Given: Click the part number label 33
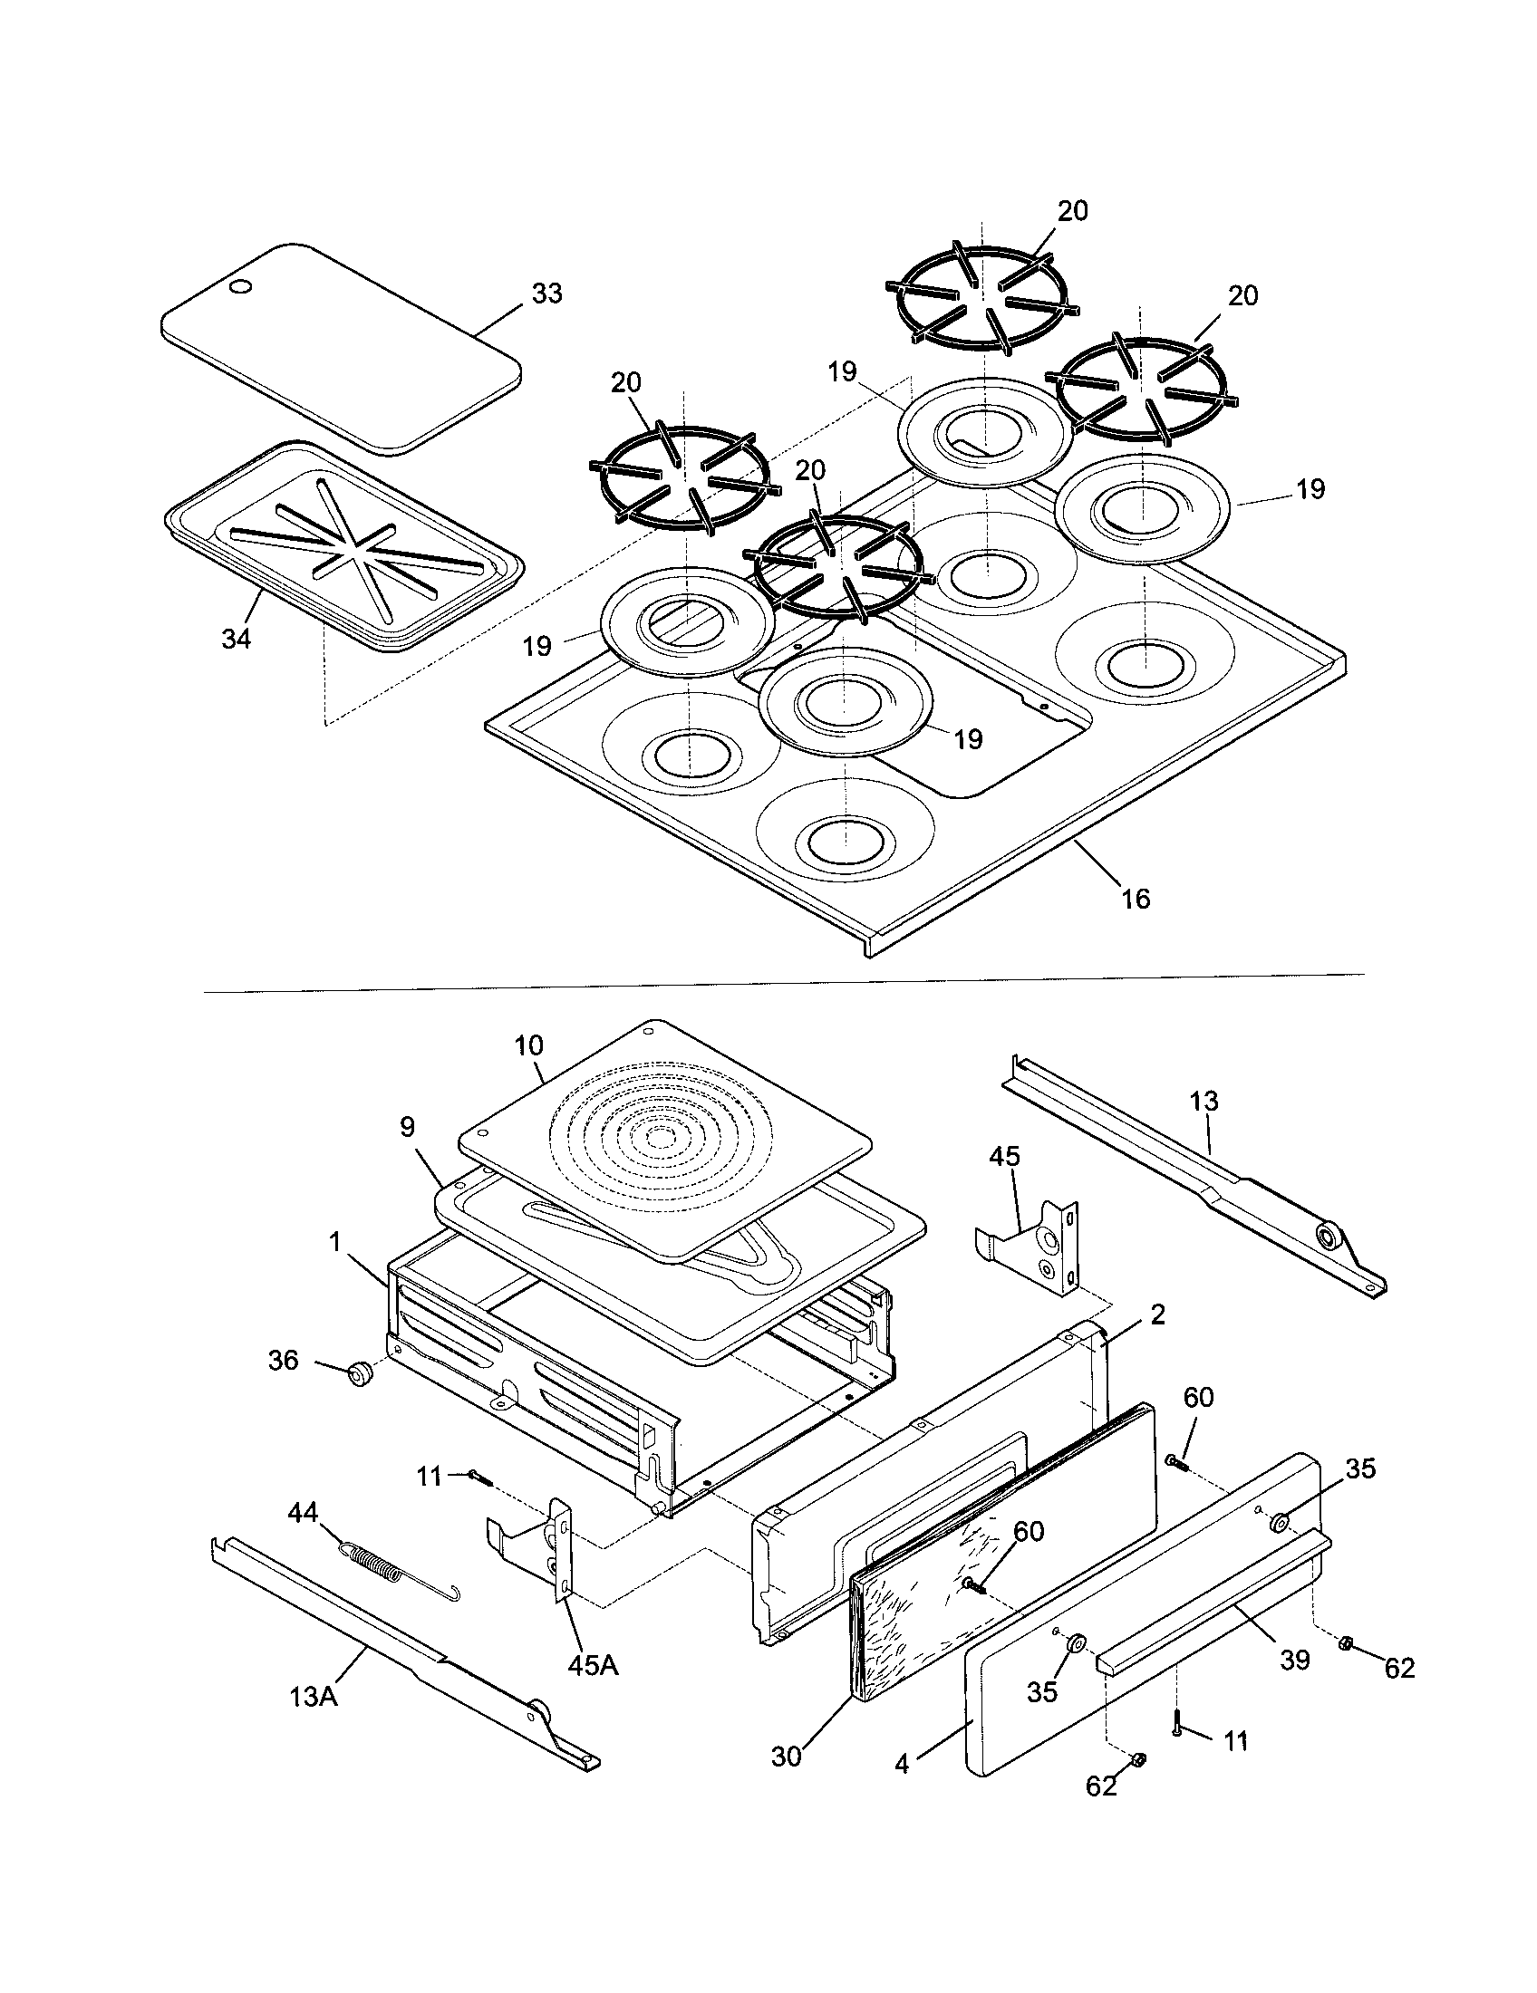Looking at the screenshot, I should pyautogui.click(x=547, y=294).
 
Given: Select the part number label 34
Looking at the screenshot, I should pyautogui.click(x=236, y=640).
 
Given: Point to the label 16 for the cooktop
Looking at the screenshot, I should pyautogui.click(x=1136, y=899).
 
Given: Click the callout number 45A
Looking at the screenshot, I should pyautogui.click(x=594, y=1664).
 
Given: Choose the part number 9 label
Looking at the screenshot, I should pyautogui.click(x=408, y=1128).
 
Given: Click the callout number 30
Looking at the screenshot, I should pyautogui.click(x=786, y=1756).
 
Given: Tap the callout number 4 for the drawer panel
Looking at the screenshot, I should pyautogui.click(x=902, y=1765).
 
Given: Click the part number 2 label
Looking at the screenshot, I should pyautogui.click(x=1157, y=1315).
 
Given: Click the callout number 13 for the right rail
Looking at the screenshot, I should pyautogui.click(x=1204, y=1102).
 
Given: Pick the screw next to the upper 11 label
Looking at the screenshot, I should pyautogui.click(x=480, y=1477).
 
